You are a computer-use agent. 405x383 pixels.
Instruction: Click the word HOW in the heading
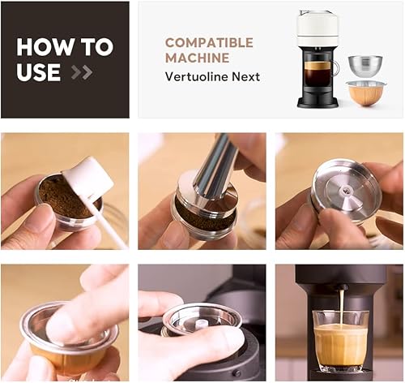click(40, 47)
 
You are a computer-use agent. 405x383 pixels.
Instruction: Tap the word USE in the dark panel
click(39, 71)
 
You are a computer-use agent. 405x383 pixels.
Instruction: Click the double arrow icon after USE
click(81, 72)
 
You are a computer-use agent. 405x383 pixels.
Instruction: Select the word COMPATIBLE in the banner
click(209, 42)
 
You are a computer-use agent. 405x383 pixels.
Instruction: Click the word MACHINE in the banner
click(196, 58)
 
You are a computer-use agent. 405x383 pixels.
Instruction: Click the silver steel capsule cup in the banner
click(365, 66)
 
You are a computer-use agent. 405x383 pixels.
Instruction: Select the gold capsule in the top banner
click(366, 93)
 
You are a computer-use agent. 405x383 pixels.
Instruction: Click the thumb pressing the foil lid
click(81, 308)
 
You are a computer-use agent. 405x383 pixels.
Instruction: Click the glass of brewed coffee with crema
click(340, 340)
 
